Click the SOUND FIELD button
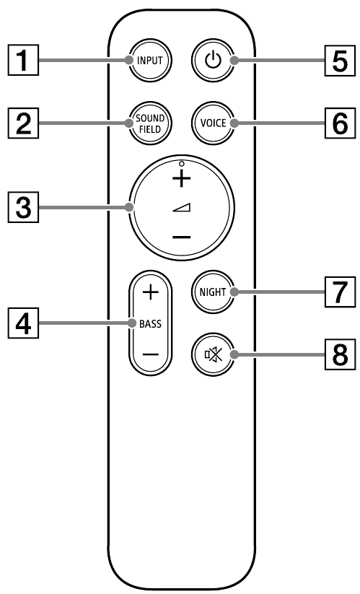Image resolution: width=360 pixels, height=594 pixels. pyautogui.click(x=150, y=123)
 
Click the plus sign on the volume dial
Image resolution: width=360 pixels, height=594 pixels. pyautogui.click(x=183, y=177)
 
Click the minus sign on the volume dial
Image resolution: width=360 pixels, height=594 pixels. pyautogui.click(x=183, y=237)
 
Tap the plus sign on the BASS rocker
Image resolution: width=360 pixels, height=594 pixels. pyautogui.click(x=150, y=292)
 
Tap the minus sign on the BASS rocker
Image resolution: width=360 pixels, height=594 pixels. pyautogui.click(x=150, y=354)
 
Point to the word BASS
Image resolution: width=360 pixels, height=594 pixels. pyautogui.click(x=150, y=323)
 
